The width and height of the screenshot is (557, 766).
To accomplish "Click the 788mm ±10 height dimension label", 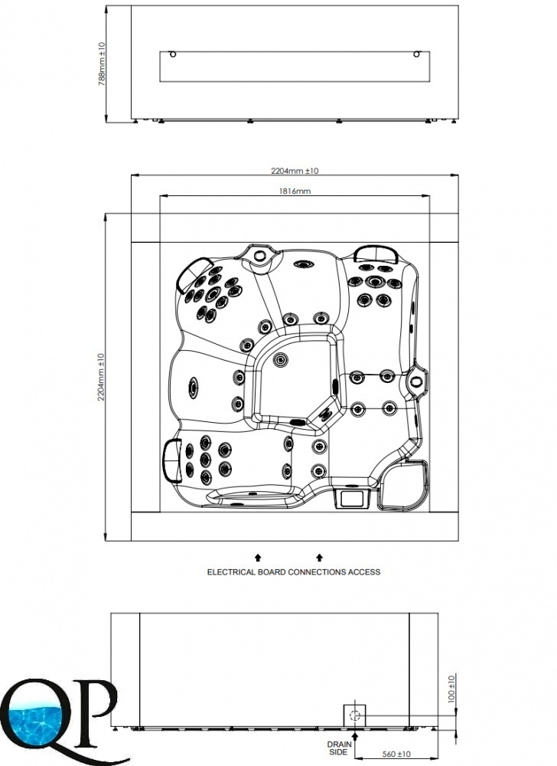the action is coord(102,64).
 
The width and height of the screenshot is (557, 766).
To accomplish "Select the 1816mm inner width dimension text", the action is coord(295,191).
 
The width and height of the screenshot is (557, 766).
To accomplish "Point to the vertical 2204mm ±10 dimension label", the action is coord(102,377).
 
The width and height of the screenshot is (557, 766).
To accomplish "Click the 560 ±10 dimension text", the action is coord(396,755).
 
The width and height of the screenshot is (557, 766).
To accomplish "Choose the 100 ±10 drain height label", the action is coord(451,689).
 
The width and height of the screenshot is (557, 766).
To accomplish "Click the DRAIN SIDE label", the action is coord(339,748).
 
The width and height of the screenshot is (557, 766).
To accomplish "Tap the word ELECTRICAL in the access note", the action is coord(230,571).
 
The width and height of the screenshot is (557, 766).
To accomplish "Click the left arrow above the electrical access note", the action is coord(258,558).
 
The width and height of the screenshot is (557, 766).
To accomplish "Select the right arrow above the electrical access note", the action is coord(320,558).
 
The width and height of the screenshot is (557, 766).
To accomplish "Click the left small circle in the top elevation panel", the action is coord(171,54).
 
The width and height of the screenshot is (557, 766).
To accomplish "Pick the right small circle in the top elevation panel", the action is coord(416,54).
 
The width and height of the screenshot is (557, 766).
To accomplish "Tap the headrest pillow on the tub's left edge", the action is coord(171,460).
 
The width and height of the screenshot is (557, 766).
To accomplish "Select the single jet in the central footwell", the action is coord(281,360).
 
